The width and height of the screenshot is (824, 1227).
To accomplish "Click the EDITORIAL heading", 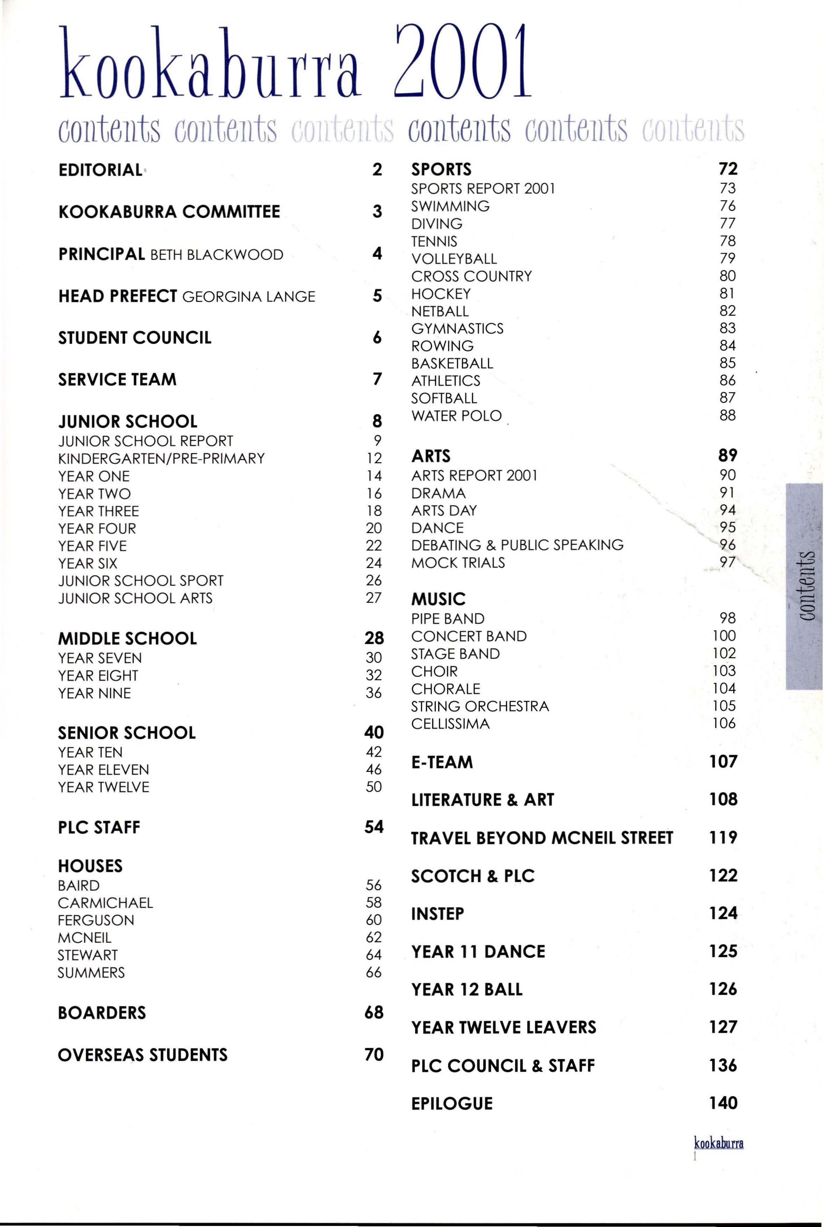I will point(100,170).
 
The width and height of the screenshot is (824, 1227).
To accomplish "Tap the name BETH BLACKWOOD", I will point(217,255).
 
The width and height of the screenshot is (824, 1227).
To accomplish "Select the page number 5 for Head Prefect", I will point(377,296).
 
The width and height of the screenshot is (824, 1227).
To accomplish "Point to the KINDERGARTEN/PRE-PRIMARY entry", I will point(161,458).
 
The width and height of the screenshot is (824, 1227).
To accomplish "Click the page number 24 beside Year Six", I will point(374,563).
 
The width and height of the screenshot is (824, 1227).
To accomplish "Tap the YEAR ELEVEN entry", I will point(103,770).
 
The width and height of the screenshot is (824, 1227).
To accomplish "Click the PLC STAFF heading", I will point(99,827).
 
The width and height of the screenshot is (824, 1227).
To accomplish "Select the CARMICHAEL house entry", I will point(105,903).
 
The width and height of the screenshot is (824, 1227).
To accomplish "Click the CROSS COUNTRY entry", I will point(471,276).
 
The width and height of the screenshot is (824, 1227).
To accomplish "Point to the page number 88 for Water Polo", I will point(727,415).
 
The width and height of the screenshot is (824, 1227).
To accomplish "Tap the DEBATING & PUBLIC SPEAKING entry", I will point(517,545).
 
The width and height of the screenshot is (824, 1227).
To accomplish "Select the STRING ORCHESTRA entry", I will point(480,706).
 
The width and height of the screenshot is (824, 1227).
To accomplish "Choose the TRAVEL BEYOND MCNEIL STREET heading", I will point(542,837).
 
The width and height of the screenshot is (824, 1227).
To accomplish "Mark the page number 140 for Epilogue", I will point(723,1103).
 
